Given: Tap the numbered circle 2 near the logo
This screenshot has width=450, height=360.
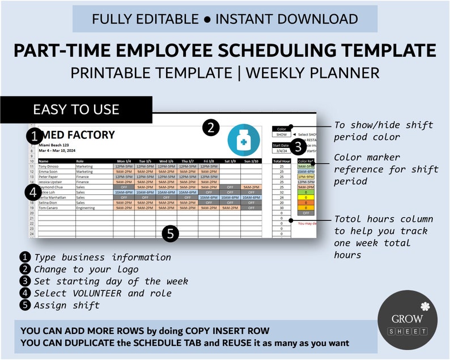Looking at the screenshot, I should point(211,128).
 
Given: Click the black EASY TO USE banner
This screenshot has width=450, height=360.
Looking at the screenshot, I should point(76,109).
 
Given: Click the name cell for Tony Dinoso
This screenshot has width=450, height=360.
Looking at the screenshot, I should point(52,166).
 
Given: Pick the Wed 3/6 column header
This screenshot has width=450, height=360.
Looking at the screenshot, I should point(166,161).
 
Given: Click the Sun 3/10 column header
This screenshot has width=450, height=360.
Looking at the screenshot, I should point(251,161).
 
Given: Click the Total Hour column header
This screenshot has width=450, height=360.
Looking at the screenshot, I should point(282,161).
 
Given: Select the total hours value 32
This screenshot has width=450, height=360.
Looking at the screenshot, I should point(282,192).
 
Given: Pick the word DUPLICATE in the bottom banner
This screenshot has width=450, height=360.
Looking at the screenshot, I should point(84,342).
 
